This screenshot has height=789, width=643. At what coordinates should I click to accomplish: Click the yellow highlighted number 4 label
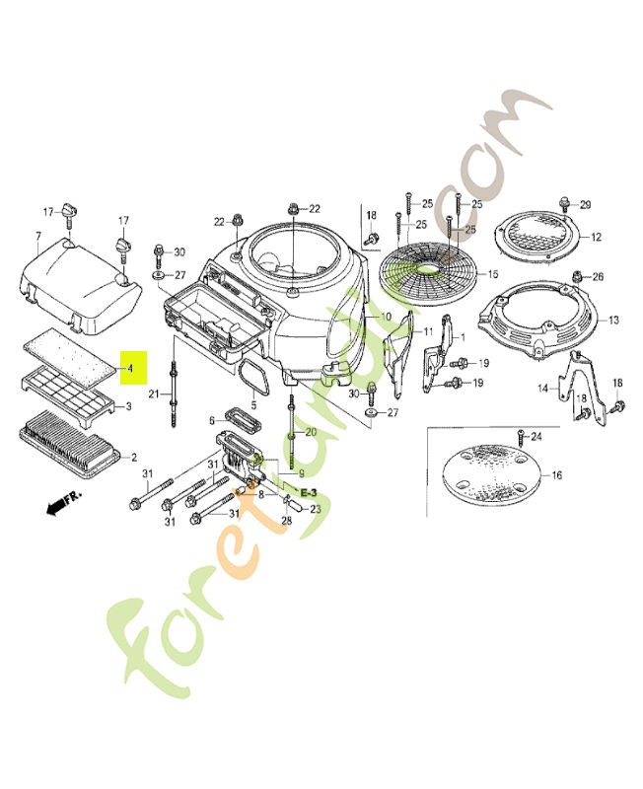[x=130, y=368]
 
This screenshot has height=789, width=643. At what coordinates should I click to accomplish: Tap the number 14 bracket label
[x=541, y=390]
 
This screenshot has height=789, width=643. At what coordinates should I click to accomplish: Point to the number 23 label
[x=316, y=509]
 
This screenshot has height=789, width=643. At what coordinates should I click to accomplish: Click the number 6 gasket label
[x=211, y=420]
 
